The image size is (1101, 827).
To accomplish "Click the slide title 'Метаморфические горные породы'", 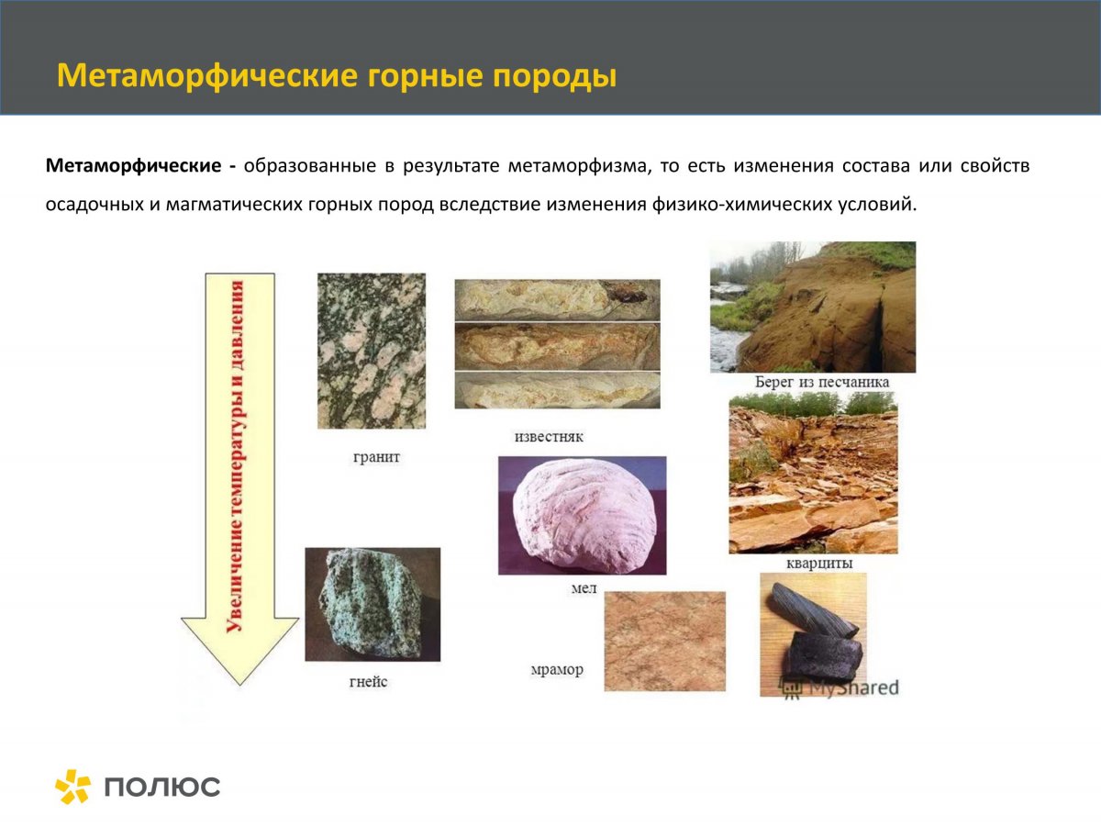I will click(x=336, y=75).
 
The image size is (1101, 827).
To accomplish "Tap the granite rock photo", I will click(x=372, y=351).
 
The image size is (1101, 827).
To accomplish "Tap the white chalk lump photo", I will click(x=582, y=515).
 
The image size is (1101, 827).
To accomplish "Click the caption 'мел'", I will click(x=584, y=588).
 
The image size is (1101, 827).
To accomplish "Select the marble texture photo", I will click(x=664, y=641).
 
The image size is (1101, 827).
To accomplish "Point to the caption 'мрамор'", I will click(x=556, y=670).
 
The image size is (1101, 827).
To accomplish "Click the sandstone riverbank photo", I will click(x=812, y=307).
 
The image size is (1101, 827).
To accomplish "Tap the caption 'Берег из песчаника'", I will click(x=821, y=382).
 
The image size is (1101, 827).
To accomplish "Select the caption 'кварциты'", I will click(x=819, y=563).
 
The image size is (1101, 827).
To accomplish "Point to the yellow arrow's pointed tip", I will click(x=239, y=682).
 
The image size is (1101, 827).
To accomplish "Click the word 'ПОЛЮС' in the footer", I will click(x=162, y=788).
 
